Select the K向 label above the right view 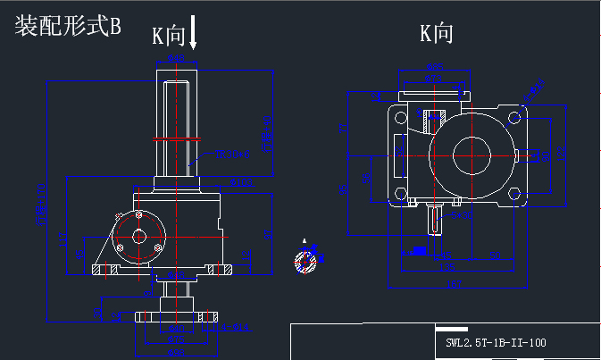[x=437, y=34]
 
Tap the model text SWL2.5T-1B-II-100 [x=496, y=342]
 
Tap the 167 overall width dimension [x=455, y=284]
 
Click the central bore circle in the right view [x=472, y=155]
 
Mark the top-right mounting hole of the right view [x=514, y=117]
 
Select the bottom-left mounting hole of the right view [x=399, y=194]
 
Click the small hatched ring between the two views [x=305, y=261]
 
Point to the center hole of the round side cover [x=138, y=238]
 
